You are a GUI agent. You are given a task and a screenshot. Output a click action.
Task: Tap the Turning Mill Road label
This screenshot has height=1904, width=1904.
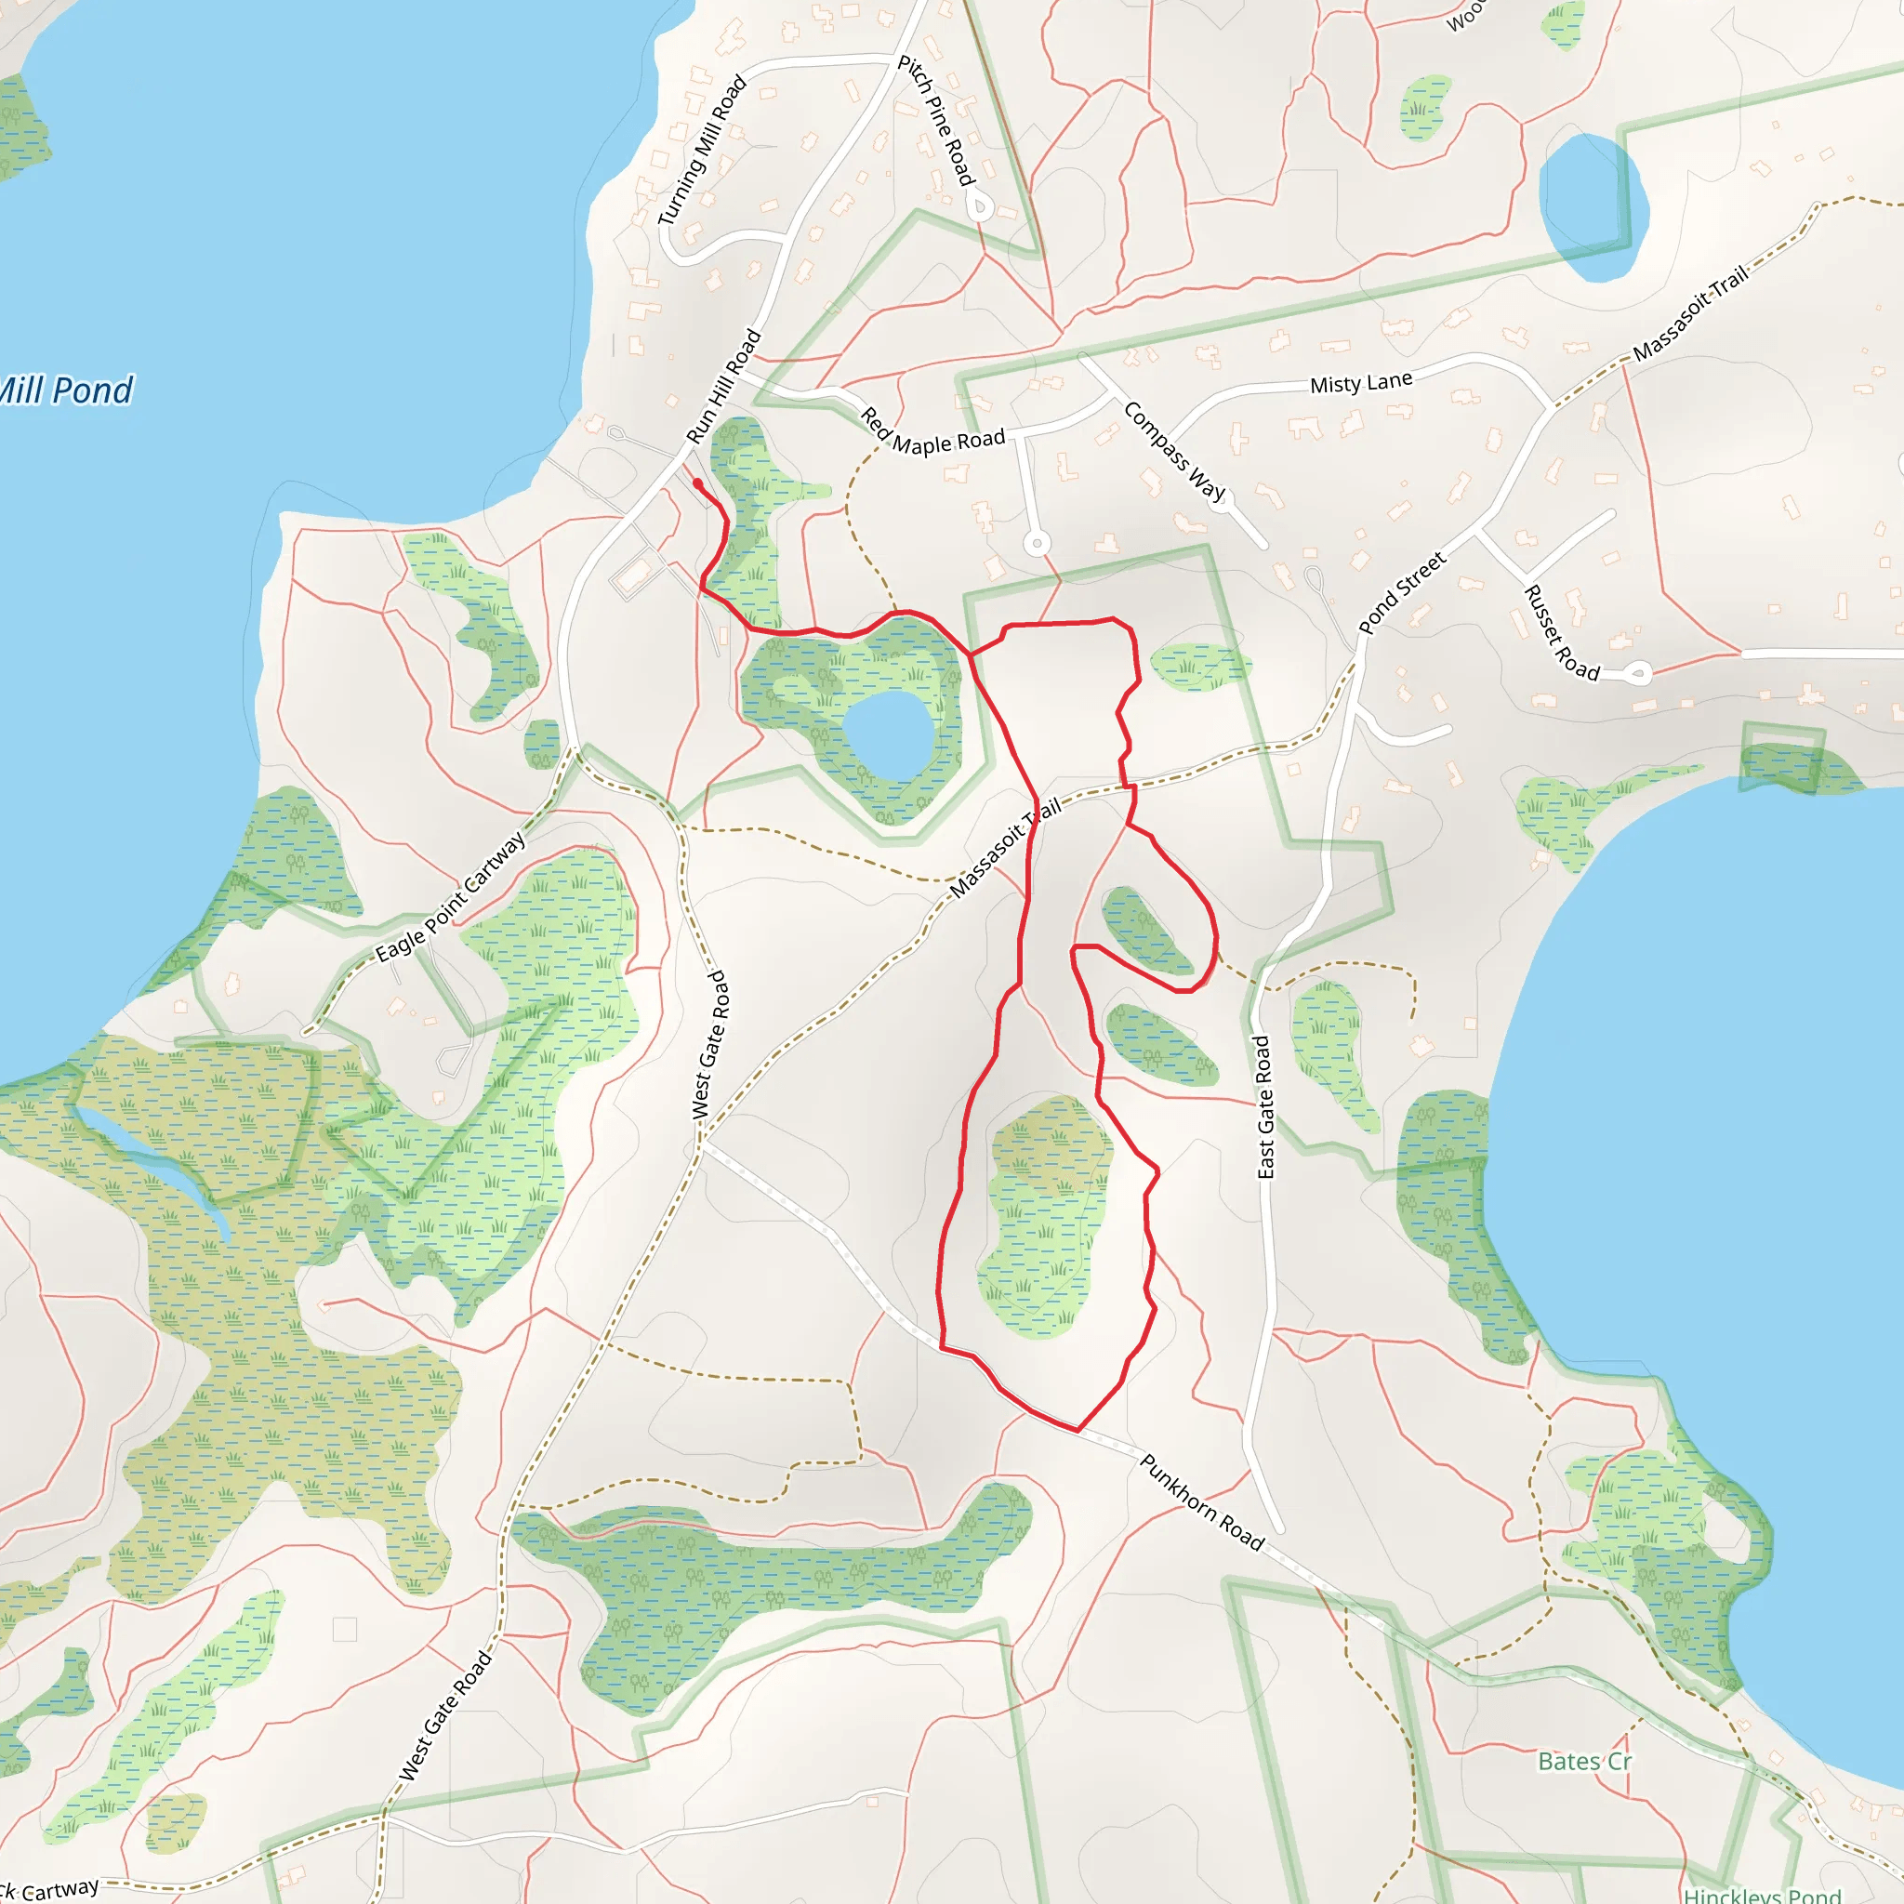click(702, 151)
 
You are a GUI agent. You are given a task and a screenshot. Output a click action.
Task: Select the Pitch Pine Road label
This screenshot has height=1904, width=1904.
click(935, 120)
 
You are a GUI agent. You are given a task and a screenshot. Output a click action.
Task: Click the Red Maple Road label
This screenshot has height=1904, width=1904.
click(932, 434)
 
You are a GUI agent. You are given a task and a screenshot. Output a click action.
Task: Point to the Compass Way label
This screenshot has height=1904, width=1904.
click(1174, 451)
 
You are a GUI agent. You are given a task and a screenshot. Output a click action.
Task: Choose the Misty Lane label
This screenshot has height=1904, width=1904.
click(1360, 382)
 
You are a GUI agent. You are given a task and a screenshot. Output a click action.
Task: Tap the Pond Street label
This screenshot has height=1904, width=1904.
click(1401, 592)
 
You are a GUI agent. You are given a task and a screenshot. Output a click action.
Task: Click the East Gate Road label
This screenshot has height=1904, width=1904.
click(1264, 1105)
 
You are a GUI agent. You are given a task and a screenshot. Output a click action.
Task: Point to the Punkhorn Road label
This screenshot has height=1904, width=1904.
click(1201, 1502)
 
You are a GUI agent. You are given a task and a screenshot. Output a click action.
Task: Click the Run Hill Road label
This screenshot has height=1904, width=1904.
click(723, 387)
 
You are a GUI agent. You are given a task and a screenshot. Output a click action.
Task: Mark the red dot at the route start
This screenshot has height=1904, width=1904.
click(698, 483)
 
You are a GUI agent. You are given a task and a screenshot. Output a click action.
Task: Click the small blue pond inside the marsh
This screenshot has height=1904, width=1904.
click(888, 734)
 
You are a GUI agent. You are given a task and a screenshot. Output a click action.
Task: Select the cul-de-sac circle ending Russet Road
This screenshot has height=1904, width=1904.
click(1638, 674)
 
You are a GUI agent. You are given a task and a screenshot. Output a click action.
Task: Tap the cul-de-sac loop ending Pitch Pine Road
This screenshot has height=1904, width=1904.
click(979, 207)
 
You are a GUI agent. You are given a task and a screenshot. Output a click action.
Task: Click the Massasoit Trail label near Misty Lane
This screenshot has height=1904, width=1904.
click(1690, 312)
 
